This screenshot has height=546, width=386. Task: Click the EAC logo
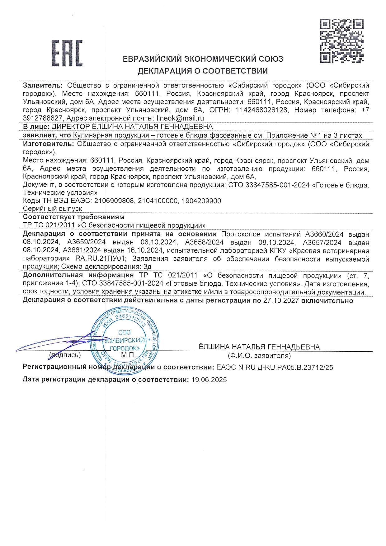tap(67, 53)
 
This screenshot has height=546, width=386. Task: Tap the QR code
tap(341, 41)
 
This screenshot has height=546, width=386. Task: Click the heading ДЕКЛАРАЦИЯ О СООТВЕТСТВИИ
tap(203, 71)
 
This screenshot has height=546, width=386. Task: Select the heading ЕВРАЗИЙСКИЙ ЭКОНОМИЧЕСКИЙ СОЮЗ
tap(203, 59)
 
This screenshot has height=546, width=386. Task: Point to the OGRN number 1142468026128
tap(262, 110)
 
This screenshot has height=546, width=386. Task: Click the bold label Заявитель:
tap(43, 85)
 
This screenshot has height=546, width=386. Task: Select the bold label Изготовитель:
tap(48, 144)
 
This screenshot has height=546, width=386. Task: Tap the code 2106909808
tap(114, 201)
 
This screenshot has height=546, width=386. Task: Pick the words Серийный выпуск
tap(52, 209)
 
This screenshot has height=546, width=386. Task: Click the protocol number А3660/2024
tap(324, 234)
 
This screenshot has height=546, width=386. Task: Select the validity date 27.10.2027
tap(281, 301)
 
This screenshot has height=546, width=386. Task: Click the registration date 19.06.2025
tap(209, 380)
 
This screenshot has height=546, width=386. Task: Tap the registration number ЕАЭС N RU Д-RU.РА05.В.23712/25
tap(275, 368)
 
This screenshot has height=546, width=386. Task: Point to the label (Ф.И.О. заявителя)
tap(259, 355)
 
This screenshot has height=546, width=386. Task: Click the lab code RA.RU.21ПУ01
tap(101, 259)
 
